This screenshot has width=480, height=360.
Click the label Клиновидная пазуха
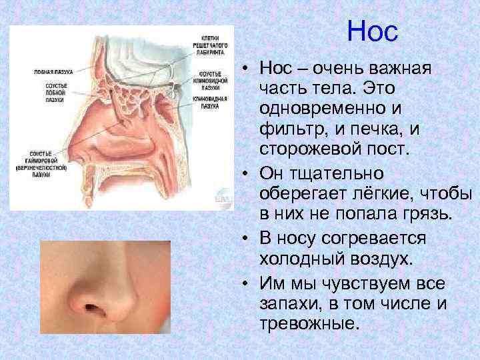(211, 101)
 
